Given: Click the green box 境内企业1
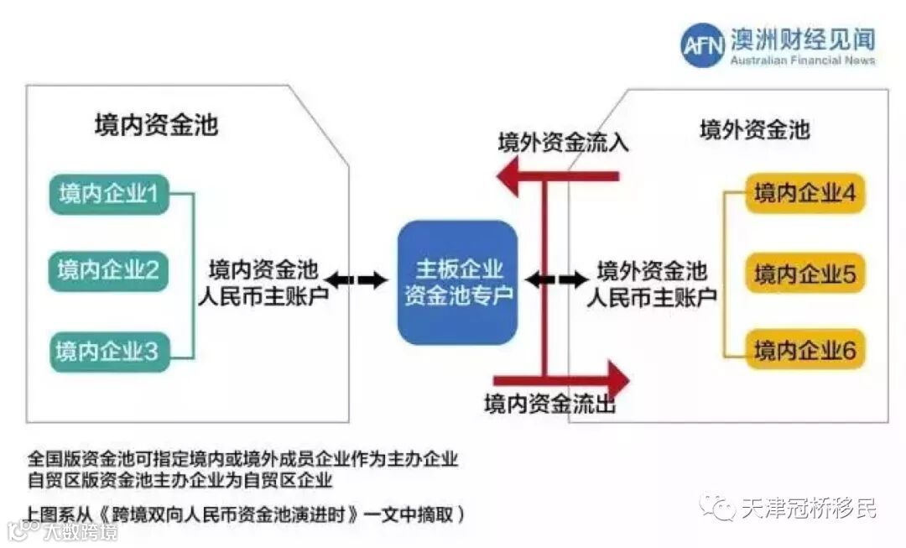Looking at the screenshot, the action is [108, 194].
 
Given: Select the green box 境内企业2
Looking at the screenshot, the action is [108, 270].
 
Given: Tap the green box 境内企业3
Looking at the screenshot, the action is [108, 351].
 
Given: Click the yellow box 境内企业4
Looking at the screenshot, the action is [804, 194].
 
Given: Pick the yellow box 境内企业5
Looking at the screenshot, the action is [804, 274].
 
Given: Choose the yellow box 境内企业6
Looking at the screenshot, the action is [804, 351].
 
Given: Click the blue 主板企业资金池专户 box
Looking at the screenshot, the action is [457, 282].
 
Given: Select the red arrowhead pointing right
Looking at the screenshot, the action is [617, 377].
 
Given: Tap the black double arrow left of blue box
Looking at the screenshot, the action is [357, 279].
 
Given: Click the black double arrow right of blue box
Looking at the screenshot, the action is [556, 278].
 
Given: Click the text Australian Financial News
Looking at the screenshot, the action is [802, 60].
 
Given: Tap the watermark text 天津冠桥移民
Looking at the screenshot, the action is [808, 508].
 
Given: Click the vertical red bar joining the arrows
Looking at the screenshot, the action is [544, 277].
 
